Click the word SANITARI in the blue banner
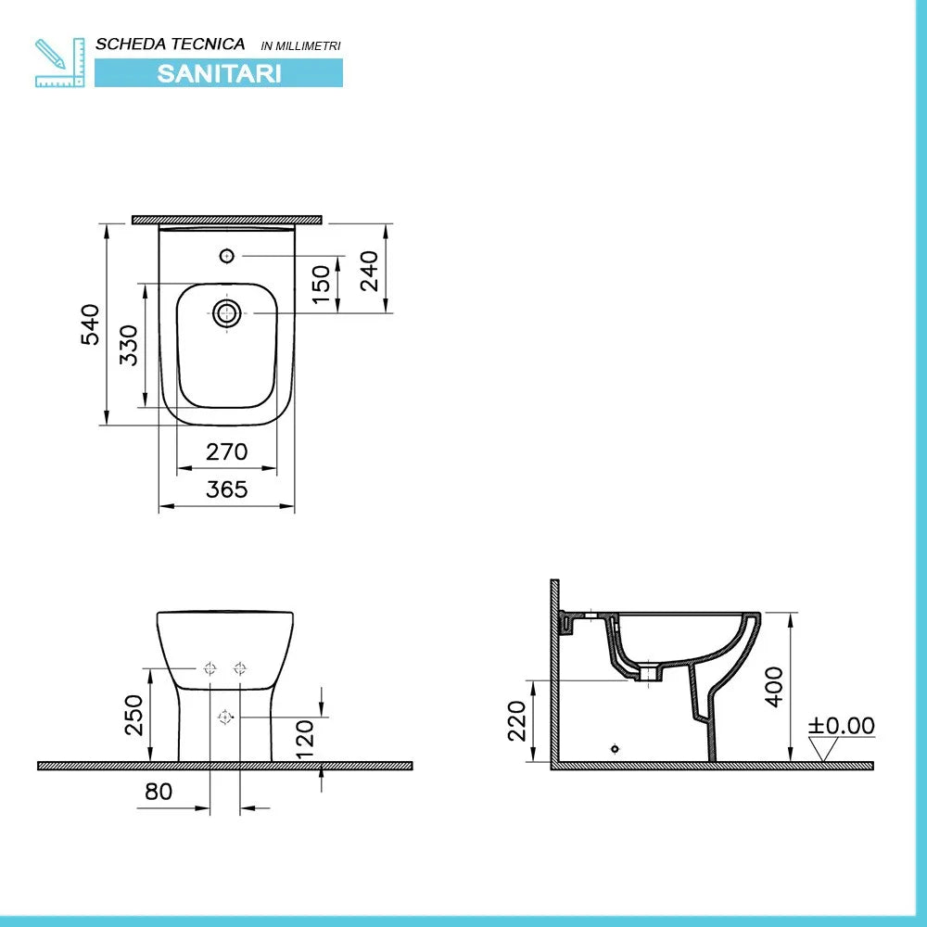[x=219, y=73]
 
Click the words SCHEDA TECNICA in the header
[x=171, y=44]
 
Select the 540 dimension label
[x=91, y=324]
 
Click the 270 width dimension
[x=226, y=451]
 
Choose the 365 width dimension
[x=226, y=489]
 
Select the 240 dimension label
[x=369, y=270]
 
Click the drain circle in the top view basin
[x=226, y=313]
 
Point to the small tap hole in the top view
[x=226, y=255]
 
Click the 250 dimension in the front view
[x=134, y=715]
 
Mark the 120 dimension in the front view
[x=306, y=732]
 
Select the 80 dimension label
[x=159, y=792]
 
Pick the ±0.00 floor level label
[x=841, y=725]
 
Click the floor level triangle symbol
[x=823, y=749]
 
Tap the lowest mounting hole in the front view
[x=224, y=717]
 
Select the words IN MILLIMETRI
[x=301, y=45]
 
